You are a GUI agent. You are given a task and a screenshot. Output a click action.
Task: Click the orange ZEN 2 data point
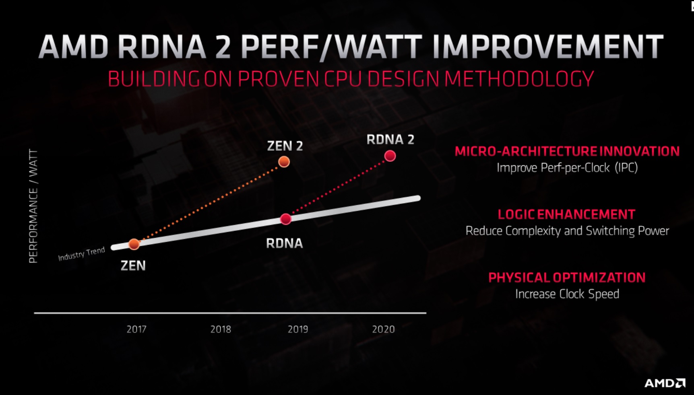coord(284,162)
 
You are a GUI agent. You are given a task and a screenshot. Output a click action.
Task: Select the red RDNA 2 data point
coord(390,156)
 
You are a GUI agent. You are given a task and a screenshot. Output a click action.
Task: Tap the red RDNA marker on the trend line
coord(286,219)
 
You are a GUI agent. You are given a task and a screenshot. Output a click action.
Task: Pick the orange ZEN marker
coord(134,244)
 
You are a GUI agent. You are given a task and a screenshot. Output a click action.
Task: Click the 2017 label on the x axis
coord(136,329)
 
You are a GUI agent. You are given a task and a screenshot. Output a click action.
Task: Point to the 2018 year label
coord(221,329)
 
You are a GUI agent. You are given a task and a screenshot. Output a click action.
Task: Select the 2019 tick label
coord(298,329)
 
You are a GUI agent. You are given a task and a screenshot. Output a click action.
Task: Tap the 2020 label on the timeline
coord(383,329)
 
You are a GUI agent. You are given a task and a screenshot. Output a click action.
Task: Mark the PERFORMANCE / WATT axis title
coord(33,206)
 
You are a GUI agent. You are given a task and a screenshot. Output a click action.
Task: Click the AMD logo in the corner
coord(665,383)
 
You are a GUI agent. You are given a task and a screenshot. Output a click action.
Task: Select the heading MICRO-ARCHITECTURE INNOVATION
coord(567,151)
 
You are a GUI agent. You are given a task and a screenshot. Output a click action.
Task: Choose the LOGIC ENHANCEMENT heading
coord(566,214)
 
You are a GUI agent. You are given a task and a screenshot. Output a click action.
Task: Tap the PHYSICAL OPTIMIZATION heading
coord(567,278)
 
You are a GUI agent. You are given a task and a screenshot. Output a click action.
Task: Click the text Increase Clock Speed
coord(567,294)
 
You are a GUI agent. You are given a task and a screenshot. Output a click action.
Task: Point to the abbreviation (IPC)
coord(626,167)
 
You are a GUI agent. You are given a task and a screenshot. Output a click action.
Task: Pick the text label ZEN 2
coord(285,146)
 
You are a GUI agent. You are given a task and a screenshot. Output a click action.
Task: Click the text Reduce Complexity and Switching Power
coord(567,231)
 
